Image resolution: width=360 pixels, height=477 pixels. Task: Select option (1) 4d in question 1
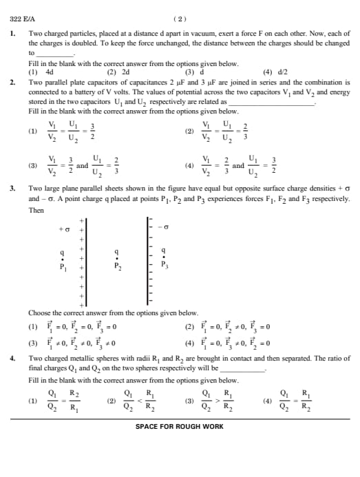41,71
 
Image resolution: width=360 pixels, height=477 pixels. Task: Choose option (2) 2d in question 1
118,71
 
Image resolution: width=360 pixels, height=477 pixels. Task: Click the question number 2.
12,81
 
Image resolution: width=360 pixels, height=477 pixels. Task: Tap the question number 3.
12,187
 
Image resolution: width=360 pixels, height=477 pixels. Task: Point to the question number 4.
12,359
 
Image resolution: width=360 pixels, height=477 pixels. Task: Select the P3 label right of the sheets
164,265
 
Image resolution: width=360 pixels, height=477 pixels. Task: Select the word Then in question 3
36,211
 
